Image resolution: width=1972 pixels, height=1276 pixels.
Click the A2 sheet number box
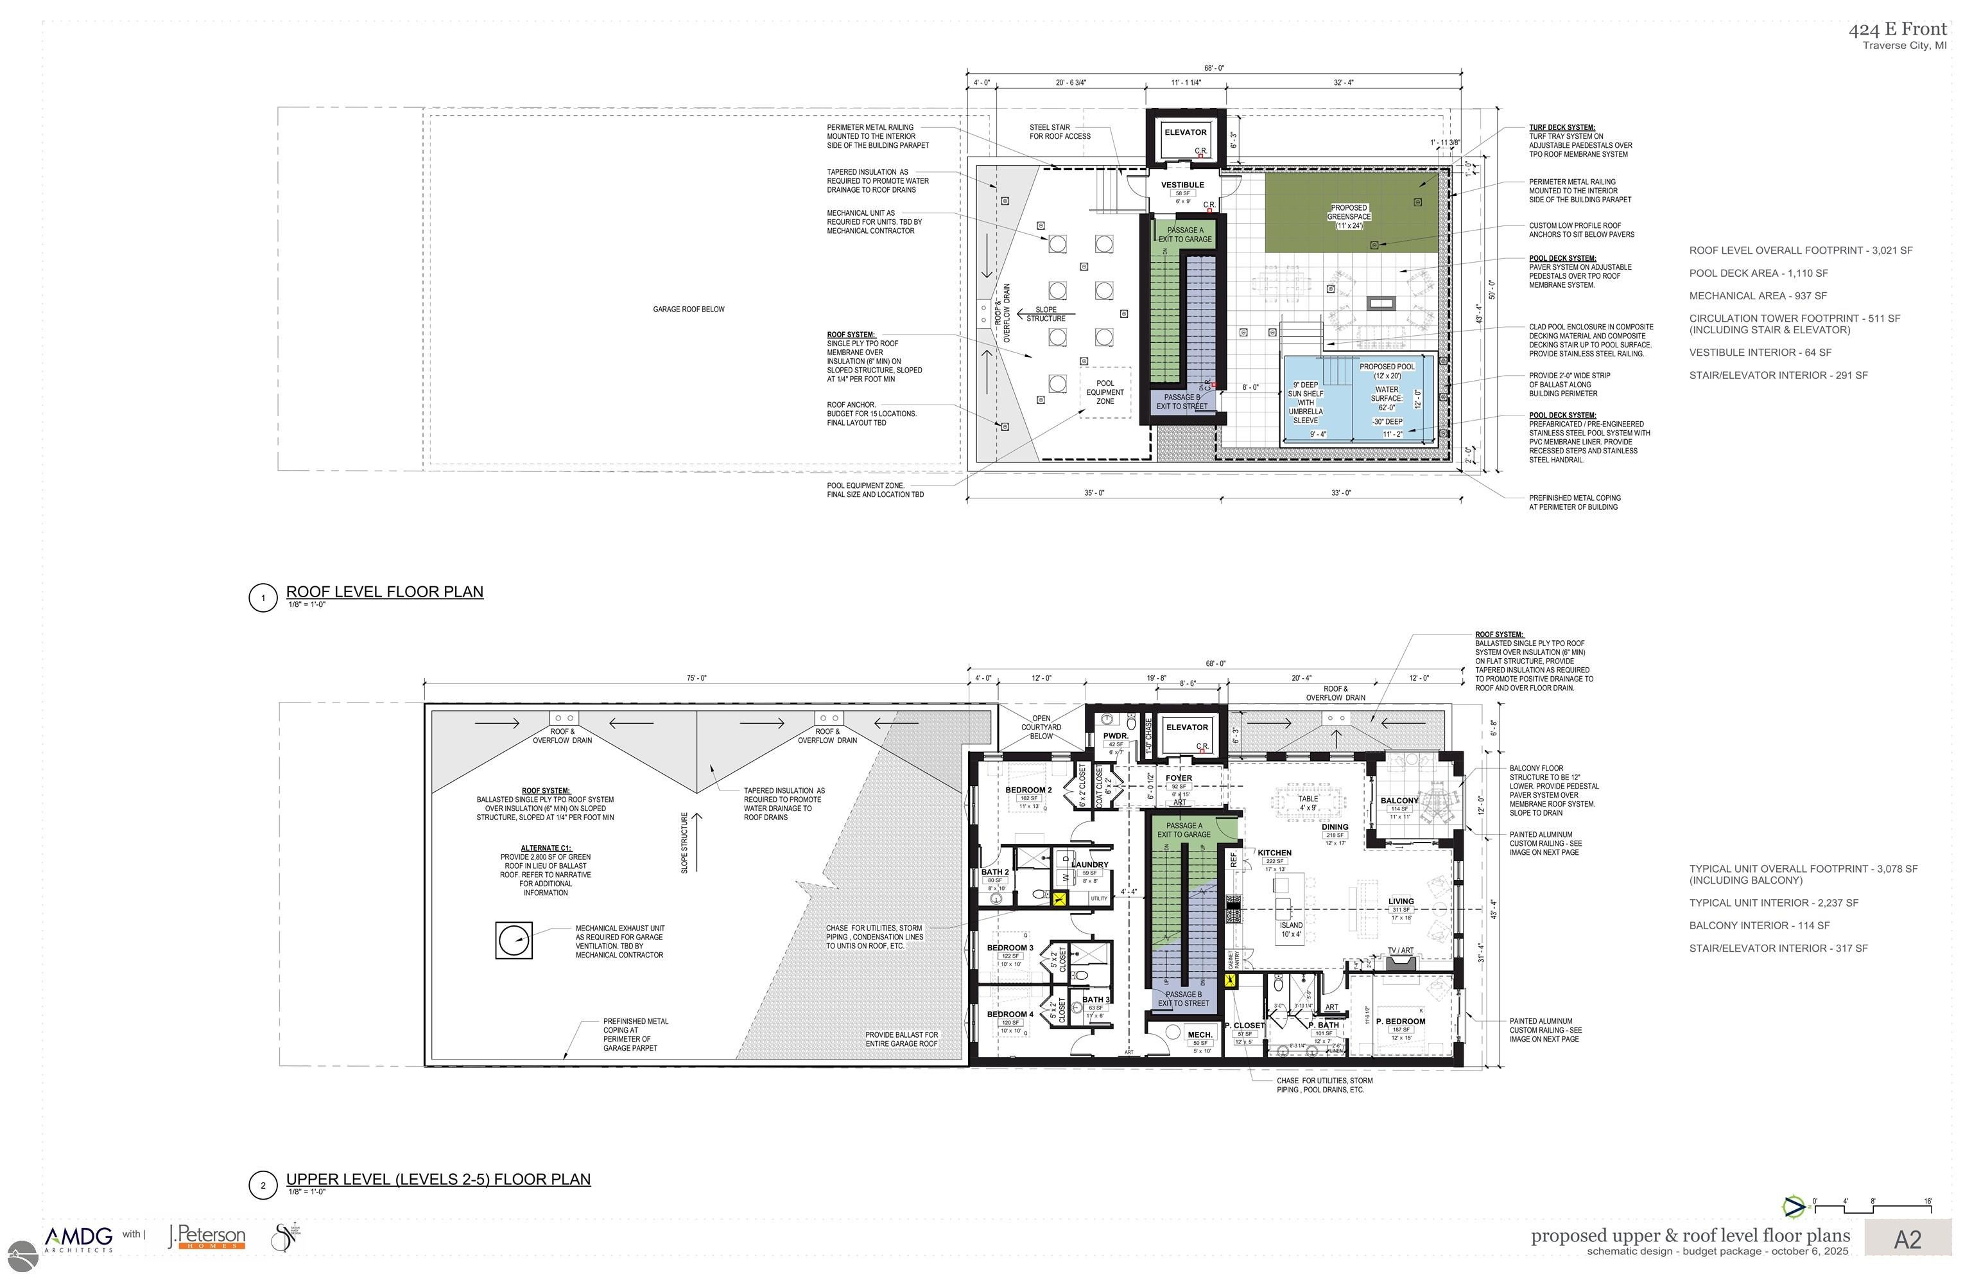[1907, 1239]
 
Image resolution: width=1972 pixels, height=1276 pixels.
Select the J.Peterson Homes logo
[207, 1237]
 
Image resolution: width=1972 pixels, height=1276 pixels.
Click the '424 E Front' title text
[1898, 30]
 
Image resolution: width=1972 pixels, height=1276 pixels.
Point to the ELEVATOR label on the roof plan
[1185, 132]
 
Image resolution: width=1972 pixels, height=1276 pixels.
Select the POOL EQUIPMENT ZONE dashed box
[1105, 392]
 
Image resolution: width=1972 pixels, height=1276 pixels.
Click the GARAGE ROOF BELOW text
[688, 309]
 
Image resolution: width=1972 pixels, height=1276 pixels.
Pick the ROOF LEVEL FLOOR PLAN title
[385, 591]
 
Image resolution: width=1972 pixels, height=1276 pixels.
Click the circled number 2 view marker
[263, 1185]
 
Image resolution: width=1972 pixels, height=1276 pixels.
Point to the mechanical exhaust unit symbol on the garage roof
[514, 940]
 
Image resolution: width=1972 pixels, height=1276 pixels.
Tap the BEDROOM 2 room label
[1028, 790]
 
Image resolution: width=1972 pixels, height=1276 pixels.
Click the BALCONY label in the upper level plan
[1399, 800]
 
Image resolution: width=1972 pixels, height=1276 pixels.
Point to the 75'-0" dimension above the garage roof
[696, 677]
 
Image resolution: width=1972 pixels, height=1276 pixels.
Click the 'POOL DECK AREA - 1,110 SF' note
[1758, 272]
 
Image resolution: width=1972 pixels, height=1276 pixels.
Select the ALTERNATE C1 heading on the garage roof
[545, 848]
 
